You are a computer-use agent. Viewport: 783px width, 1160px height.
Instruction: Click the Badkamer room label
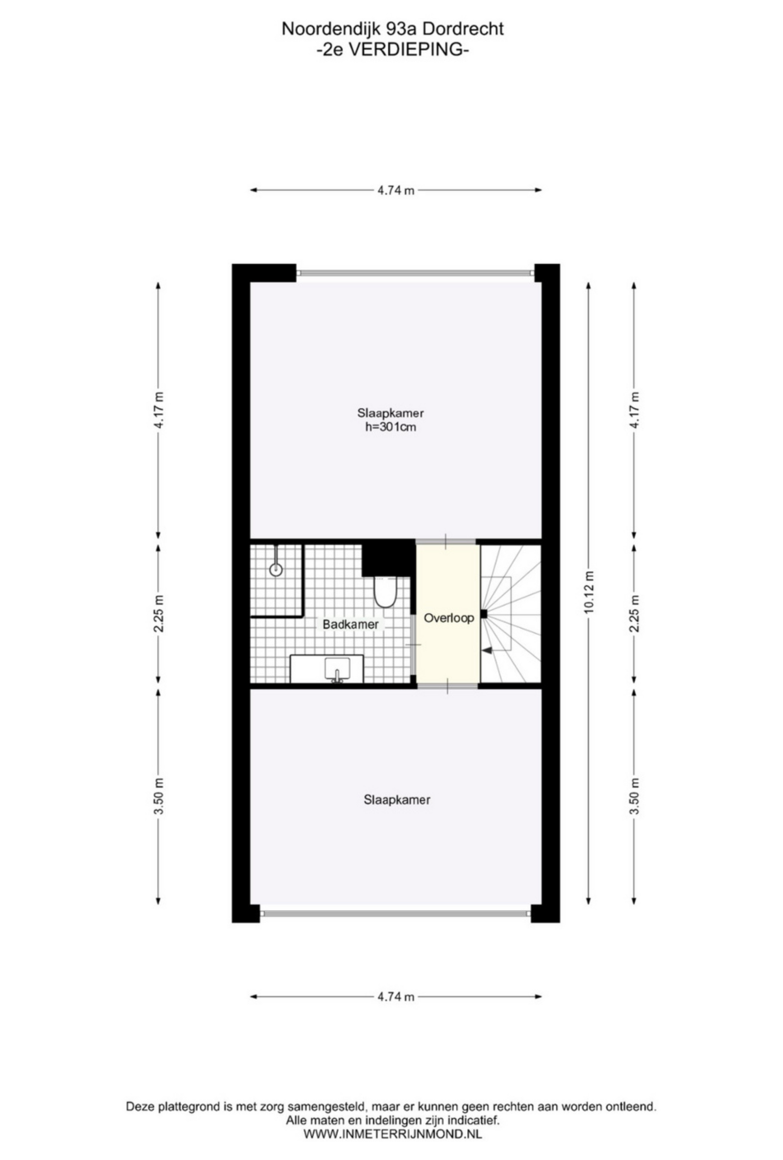[x=350, y=624]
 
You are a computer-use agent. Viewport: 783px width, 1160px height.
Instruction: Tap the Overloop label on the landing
[x=448, y=618]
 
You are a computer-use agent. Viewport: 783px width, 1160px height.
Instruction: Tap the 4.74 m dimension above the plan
[x=395, y=190]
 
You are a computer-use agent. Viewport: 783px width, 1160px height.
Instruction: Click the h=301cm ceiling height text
[x=390, y=427]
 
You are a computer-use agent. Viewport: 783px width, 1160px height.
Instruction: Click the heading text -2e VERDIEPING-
[x=393, y=50]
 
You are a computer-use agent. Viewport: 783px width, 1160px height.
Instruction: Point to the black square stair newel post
[x=483, y=614]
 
